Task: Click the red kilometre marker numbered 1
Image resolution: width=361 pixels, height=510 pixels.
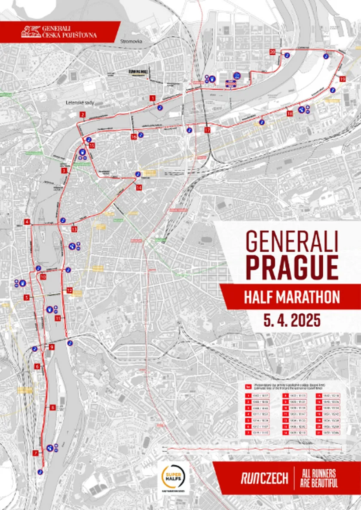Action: coord(152,98)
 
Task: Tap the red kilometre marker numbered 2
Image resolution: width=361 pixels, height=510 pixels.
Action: coord(82,114)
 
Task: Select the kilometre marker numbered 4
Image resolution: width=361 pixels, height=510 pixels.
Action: coord(27,222)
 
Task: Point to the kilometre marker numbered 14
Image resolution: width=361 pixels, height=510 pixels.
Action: coord(138,188)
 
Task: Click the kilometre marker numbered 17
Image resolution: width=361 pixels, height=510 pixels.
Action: coord(207,130)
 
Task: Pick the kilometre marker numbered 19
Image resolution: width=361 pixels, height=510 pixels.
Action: coord(342,79)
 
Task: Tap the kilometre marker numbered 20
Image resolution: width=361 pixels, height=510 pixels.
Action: coord(272,52)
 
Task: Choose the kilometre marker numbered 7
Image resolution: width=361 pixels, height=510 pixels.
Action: coord(35,453)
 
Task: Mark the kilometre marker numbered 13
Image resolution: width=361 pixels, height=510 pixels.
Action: coord(74,229)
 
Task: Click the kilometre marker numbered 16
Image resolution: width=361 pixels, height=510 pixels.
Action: coord(134,137)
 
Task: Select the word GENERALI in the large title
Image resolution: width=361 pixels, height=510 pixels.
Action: coord(291,243)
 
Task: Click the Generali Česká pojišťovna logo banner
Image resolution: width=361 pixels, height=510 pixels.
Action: coord(60,32)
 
